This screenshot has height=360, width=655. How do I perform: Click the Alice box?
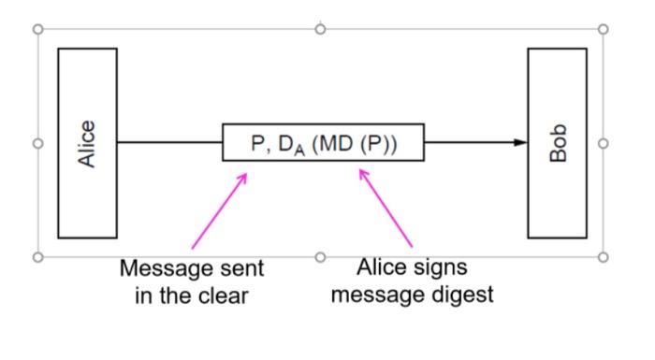point(87,143)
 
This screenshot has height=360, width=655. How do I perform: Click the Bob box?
point(557,143)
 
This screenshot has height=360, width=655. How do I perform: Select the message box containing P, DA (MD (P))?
point(323,142)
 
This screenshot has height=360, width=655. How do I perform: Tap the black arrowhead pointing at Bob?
point(520,142)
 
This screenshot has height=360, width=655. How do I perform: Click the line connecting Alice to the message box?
point(169,142)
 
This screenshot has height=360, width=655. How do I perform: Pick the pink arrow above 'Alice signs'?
point(386,208)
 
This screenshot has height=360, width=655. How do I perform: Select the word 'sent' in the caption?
point(242,269)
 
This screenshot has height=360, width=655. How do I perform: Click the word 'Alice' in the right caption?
point(382,268)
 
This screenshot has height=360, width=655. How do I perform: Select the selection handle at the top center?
point(320,29)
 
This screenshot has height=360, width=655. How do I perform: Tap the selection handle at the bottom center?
point(320,256)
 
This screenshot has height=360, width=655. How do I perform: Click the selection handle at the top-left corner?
point(38,29)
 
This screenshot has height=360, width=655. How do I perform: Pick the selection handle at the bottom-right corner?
point(603,256)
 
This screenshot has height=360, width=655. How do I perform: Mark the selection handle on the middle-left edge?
point(38,143)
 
